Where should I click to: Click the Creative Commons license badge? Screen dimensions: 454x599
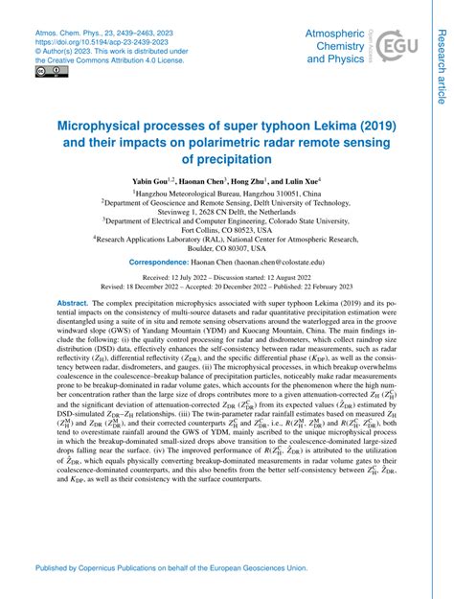(x=46, y=70)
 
